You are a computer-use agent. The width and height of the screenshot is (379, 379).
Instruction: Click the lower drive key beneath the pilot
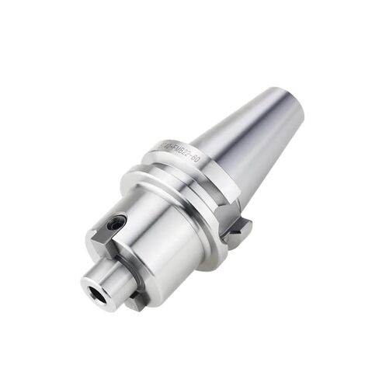point(136,300)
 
